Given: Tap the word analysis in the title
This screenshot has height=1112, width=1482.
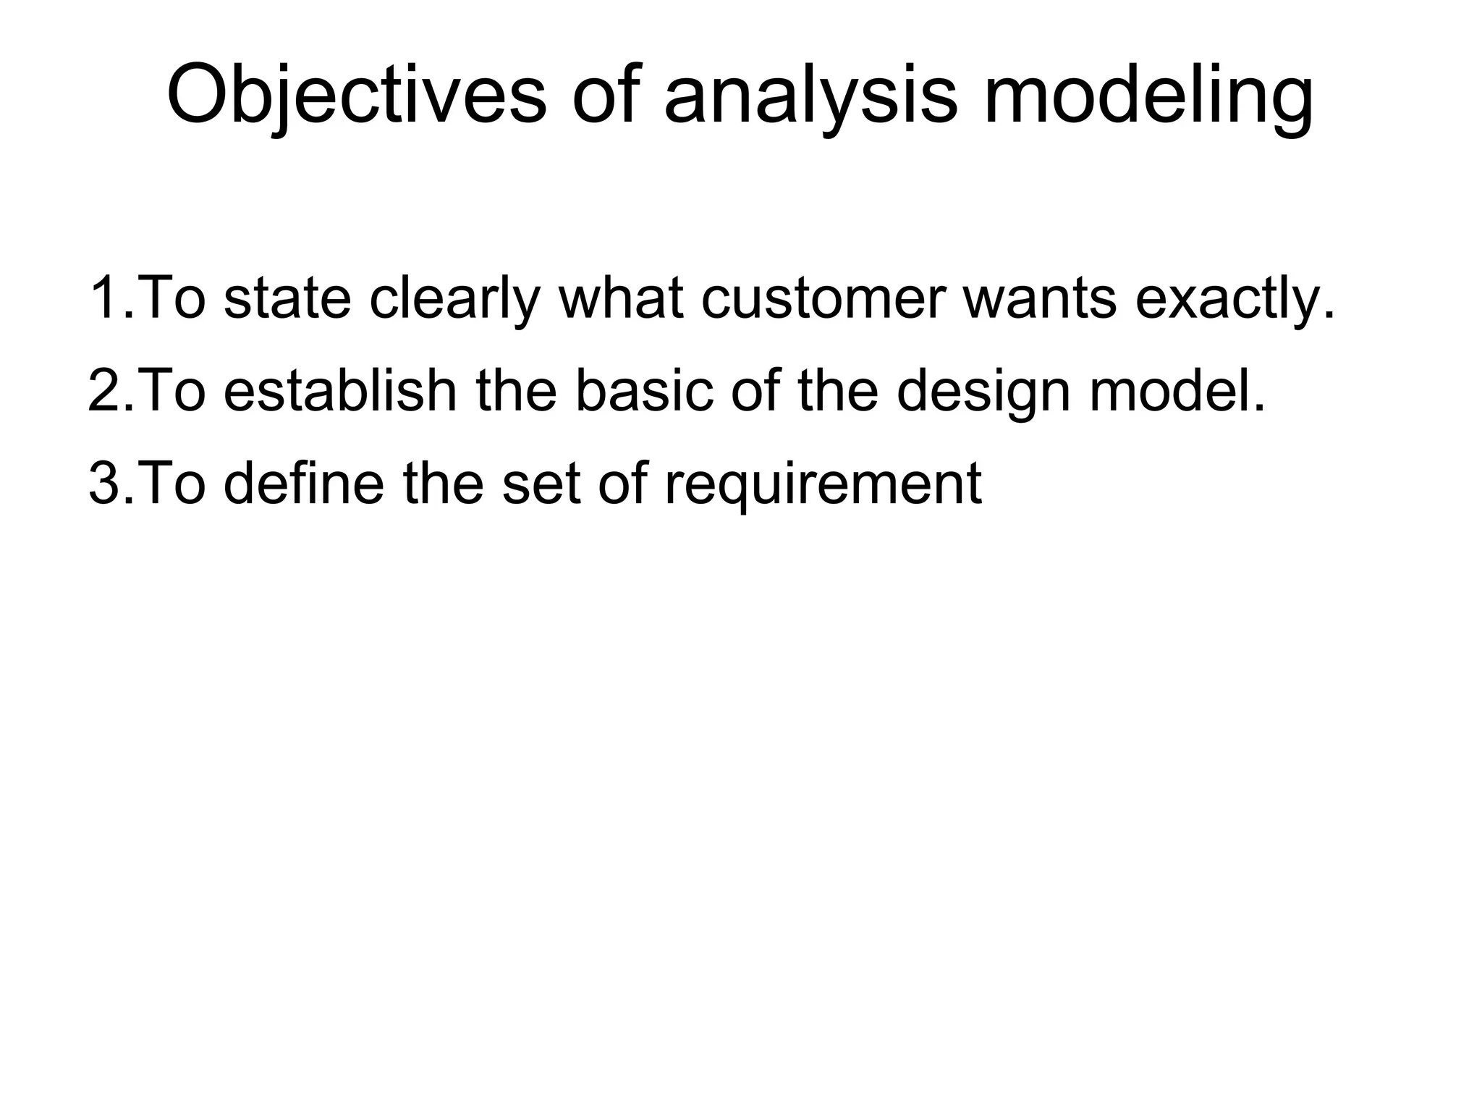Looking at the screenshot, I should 810,96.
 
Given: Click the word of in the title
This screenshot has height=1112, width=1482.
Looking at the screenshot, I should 605,96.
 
